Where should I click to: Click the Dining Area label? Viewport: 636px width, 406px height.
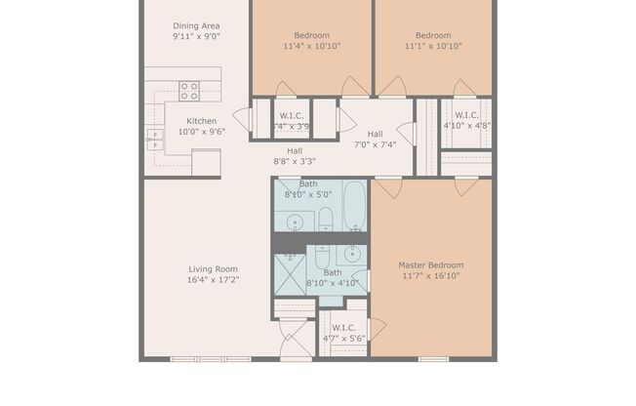point(196,25)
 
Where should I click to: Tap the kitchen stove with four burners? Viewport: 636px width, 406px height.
point(189,91)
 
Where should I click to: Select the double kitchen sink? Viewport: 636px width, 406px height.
point(154,139)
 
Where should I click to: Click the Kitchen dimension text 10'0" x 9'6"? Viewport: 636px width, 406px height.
point(202,132)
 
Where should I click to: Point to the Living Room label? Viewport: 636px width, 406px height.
point(213,269)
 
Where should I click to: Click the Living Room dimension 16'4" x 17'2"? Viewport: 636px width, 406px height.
point(213,280)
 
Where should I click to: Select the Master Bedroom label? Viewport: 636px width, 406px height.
point(430,264)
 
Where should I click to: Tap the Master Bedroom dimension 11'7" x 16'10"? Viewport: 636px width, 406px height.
point(430,276)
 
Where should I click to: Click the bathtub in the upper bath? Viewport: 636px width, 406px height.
point(354,205)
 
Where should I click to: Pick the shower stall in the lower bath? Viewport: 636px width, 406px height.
point(290,272)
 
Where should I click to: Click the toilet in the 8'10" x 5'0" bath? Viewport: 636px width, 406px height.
point(326,219)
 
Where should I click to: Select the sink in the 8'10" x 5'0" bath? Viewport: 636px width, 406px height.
point(295,222)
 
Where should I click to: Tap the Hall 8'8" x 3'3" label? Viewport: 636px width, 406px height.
point(294,156)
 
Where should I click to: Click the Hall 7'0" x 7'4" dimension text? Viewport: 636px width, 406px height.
point(375,144)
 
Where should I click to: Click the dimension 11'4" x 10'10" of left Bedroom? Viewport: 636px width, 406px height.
point(312,46)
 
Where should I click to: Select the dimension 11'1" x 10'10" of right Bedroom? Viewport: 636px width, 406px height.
point(433,46)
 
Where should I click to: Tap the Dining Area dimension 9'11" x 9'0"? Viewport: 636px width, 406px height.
point(196,36)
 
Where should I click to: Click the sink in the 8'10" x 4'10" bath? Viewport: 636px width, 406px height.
point(352,255)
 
